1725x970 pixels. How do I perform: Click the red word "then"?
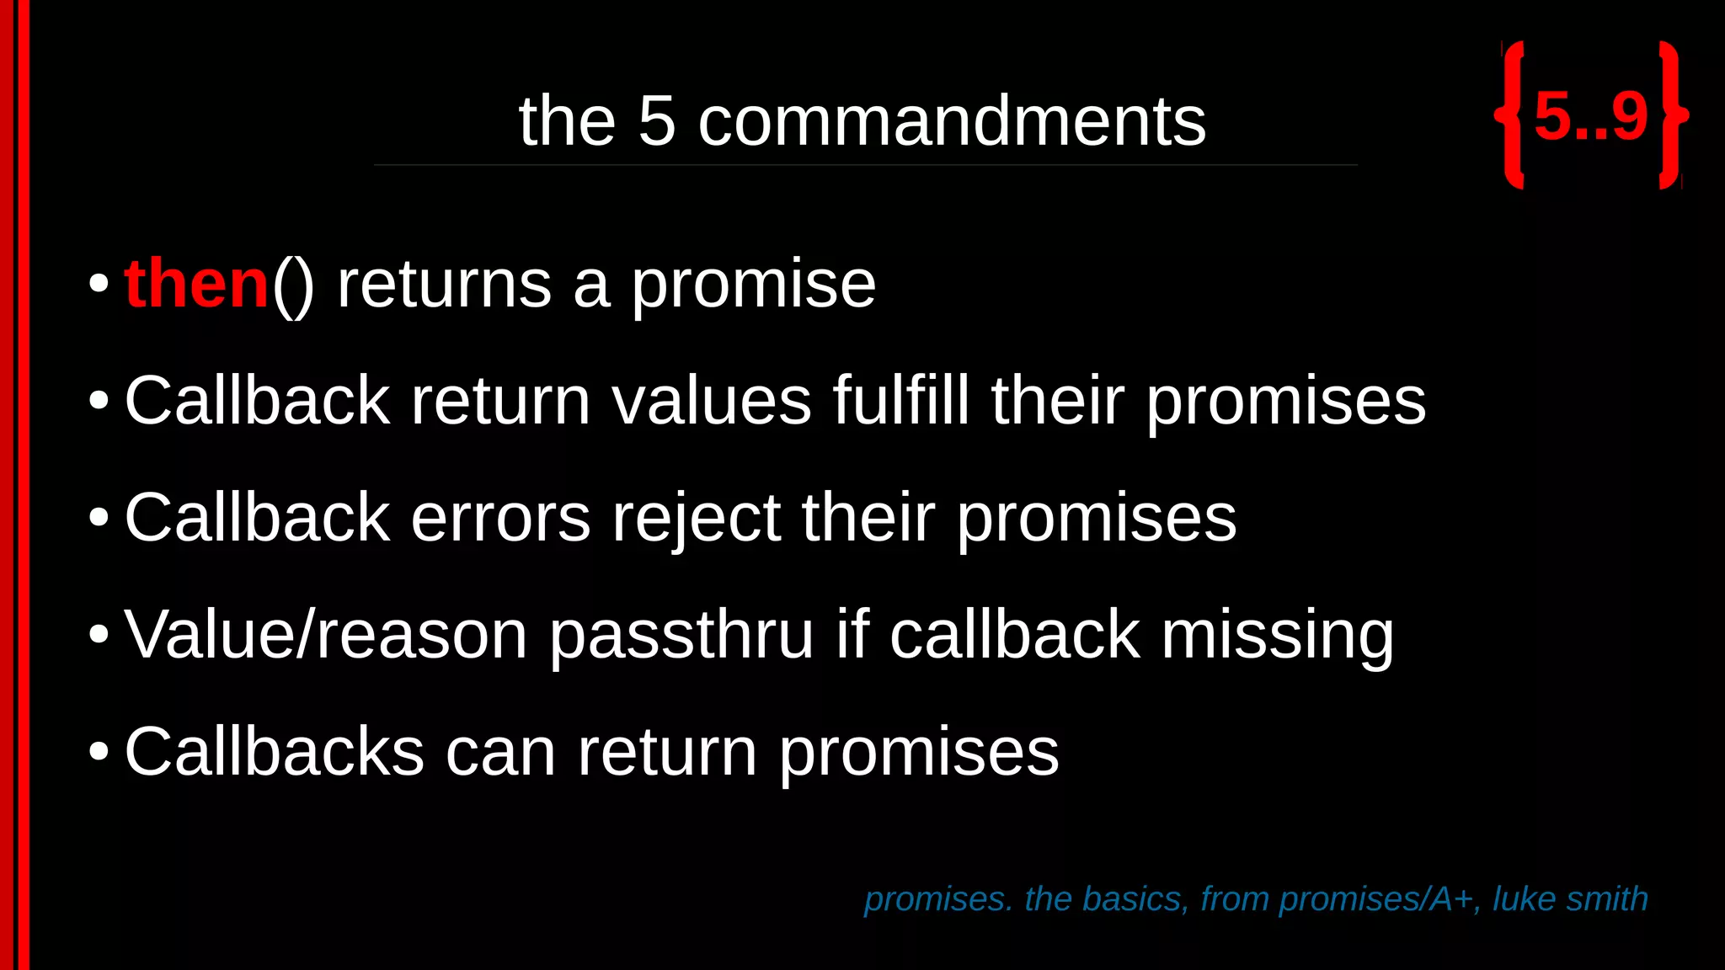point(195,285)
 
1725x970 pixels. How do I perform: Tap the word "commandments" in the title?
point(952,121)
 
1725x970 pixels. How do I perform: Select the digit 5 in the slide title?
point(657,121)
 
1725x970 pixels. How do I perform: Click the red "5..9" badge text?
point(1590,116)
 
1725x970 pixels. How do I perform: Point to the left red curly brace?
point(1511,115)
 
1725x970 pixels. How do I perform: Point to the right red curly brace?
point(1672,115)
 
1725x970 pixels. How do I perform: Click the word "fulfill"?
point(901,401)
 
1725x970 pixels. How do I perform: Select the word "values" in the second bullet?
point(712,401)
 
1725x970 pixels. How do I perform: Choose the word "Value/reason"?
point(326,634)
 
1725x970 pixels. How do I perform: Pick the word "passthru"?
point(681,636)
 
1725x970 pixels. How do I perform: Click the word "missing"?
point(1278,636)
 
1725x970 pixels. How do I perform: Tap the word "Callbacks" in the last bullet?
point(274,751)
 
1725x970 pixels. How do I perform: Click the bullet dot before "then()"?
point(99,285)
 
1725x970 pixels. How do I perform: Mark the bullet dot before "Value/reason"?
point(99,635)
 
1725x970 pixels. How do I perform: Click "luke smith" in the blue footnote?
point(1570,899)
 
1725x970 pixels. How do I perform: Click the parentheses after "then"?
point(293,286)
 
